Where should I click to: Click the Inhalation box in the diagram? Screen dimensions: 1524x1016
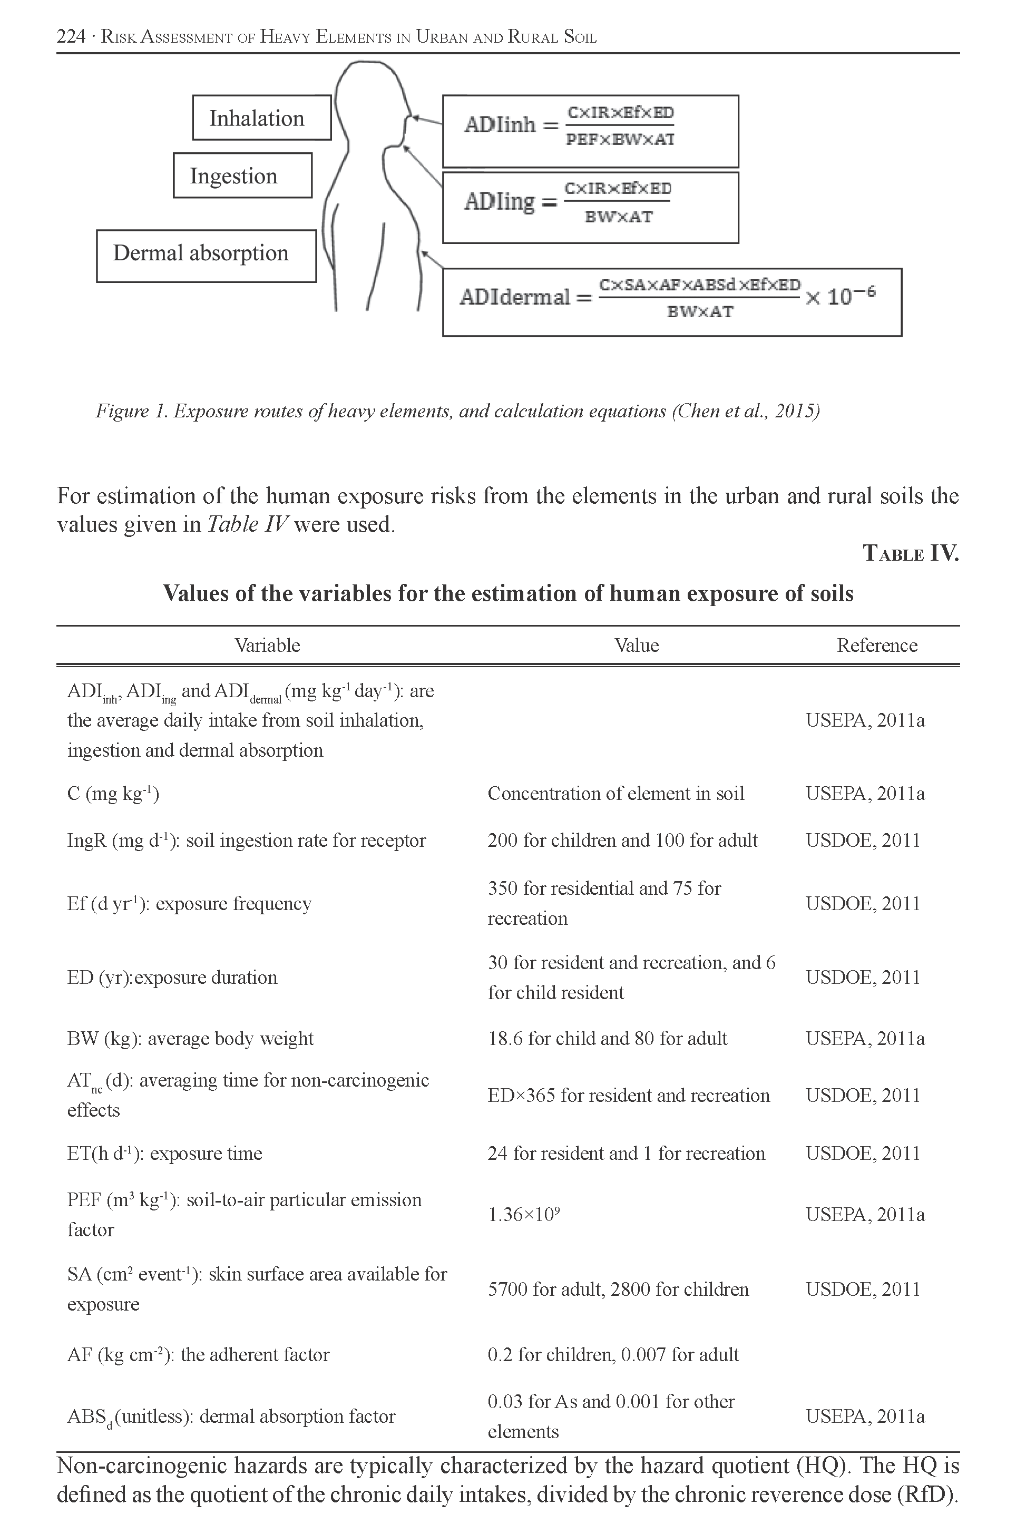[x=262, y=118]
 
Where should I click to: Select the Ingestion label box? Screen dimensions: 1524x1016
[x=242, y=175]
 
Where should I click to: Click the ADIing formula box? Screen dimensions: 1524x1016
[x=590, y=207]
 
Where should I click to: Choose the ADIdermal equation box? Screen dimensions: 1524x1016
[x=671, y=302]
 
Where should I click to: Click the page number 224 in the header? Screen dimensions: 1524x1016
[x=71, y=37]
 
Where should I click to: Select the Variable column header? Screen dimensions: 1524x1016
[x=267, y=646]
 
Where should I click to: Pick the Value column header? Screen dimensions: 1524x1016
[x=636, y=646]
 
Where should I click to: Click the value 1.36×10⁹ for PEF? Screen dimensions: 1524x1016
[x=524, y=1214]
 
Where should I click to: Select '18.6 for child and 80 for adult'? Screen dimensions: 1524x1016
[x=607, y=1039]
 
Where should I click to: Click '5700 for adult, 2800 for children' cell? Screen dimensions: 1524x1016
[x=618, y=1289]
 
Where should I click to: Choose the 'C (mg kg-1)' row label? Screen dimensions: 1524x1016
[x=113, y=794]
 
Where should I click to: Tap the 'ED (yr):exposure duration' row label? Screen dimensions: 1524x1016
[x=172, y=977]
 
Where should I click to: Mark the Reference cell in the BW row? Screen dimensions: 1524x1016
[x=864, y=1039]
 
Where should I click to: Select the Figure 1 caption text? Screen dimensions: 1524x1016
[x=457, y=411]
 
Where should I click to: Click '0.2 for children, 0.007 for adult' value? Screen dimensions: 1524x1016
[x=613, y=1354]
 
